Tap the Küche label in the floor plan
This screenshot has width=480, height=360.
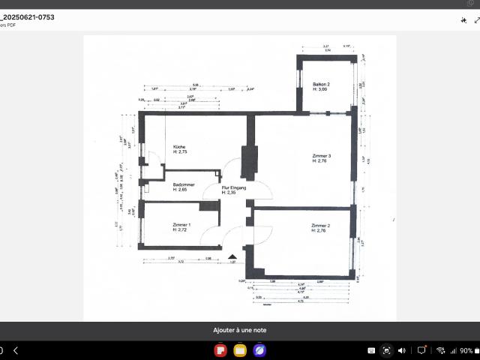point(179,146)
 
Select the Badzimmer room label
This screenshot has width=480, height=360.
point(184,184)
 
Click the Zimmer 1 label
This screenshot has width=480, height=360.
point(181,225)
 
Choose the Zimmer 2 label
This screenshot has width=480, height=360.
point(321,225)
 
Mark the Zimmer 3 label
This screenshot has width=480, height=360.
point(321,155)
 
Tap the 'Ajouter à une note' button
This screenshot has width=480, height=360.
point(239,330)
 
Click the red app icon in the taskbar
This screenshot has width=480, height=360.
point(221,350)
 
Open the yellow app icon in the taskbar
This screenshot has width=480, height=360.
point(240,350)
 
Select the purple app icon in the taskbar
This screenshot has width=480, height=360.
point(259,350)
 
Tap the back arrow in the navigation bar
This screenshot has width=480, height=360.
point(16,350)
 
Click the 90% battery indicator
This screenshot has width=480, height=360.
point(466,350)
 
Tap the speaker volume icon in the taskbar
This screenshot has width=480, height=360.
point(402,350)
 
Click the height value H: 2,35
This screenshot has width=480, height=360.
point(229,193)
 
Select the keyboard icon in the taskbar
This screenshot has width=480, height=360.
point(370,350)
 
